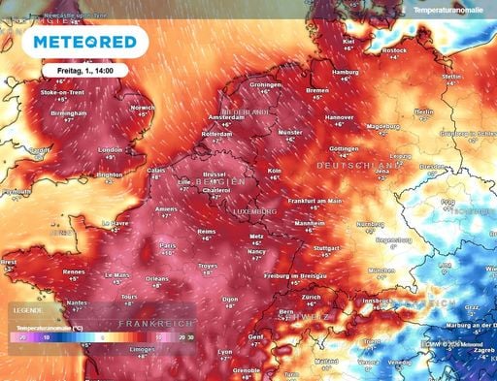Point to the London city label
click(x=110, y=149)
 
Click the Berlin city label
click(x=423, y=111)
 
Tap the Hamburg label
click(x=346, y=72)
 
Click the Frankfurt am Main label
click(x=315, y=200)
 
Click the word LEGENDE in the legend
click(x=29, y=310)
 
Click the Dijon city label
click(x=230, y=300)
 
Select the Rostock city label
click(x=394, y=49)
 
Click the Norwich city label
click(x=142, y=108)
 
